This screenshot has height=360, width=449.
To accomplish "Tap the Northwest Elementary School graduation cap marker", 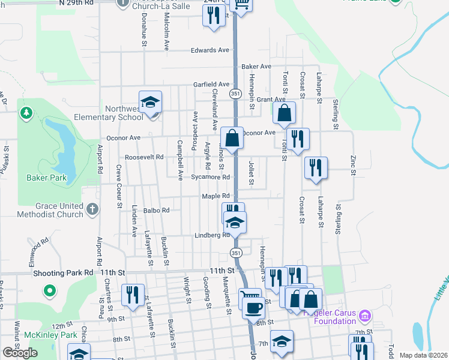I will [151, 101].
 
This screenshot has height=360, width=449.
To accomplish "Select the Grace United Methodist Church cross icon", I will [91, 209].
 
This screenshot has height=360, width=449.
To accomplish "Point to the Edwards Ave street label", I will [210, 50].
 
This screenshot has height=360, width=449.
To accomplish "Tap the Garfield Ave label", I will [211, 85].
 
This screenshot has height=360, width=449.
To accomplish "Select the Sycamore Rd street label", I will [210, 177].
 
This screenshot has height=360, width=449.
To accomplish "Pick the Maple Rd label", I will [215, 196].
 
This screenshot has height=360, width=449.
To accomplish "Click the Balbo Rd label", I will [157, 210].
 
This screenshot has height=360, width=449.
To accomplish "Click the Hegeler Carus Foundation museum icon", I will [364, 314].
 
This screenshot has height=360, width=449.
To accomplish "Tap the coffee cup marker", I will [253, 308].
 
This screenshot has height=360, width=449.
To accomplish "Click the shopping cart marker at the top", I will [241, 5].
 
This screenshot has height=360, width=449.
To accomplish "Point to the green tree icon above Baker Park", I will [26, 113].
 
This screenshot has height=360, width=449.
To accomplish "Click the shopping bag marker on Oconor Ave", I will [232, 138].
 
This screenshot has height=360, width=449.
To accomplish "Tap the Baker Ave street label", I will [256, 66].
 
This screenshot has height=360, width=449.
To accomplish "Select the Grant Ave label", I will [270, 99].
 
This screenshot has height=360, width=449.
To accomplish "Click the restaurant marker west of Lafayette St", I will [133, 295].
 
